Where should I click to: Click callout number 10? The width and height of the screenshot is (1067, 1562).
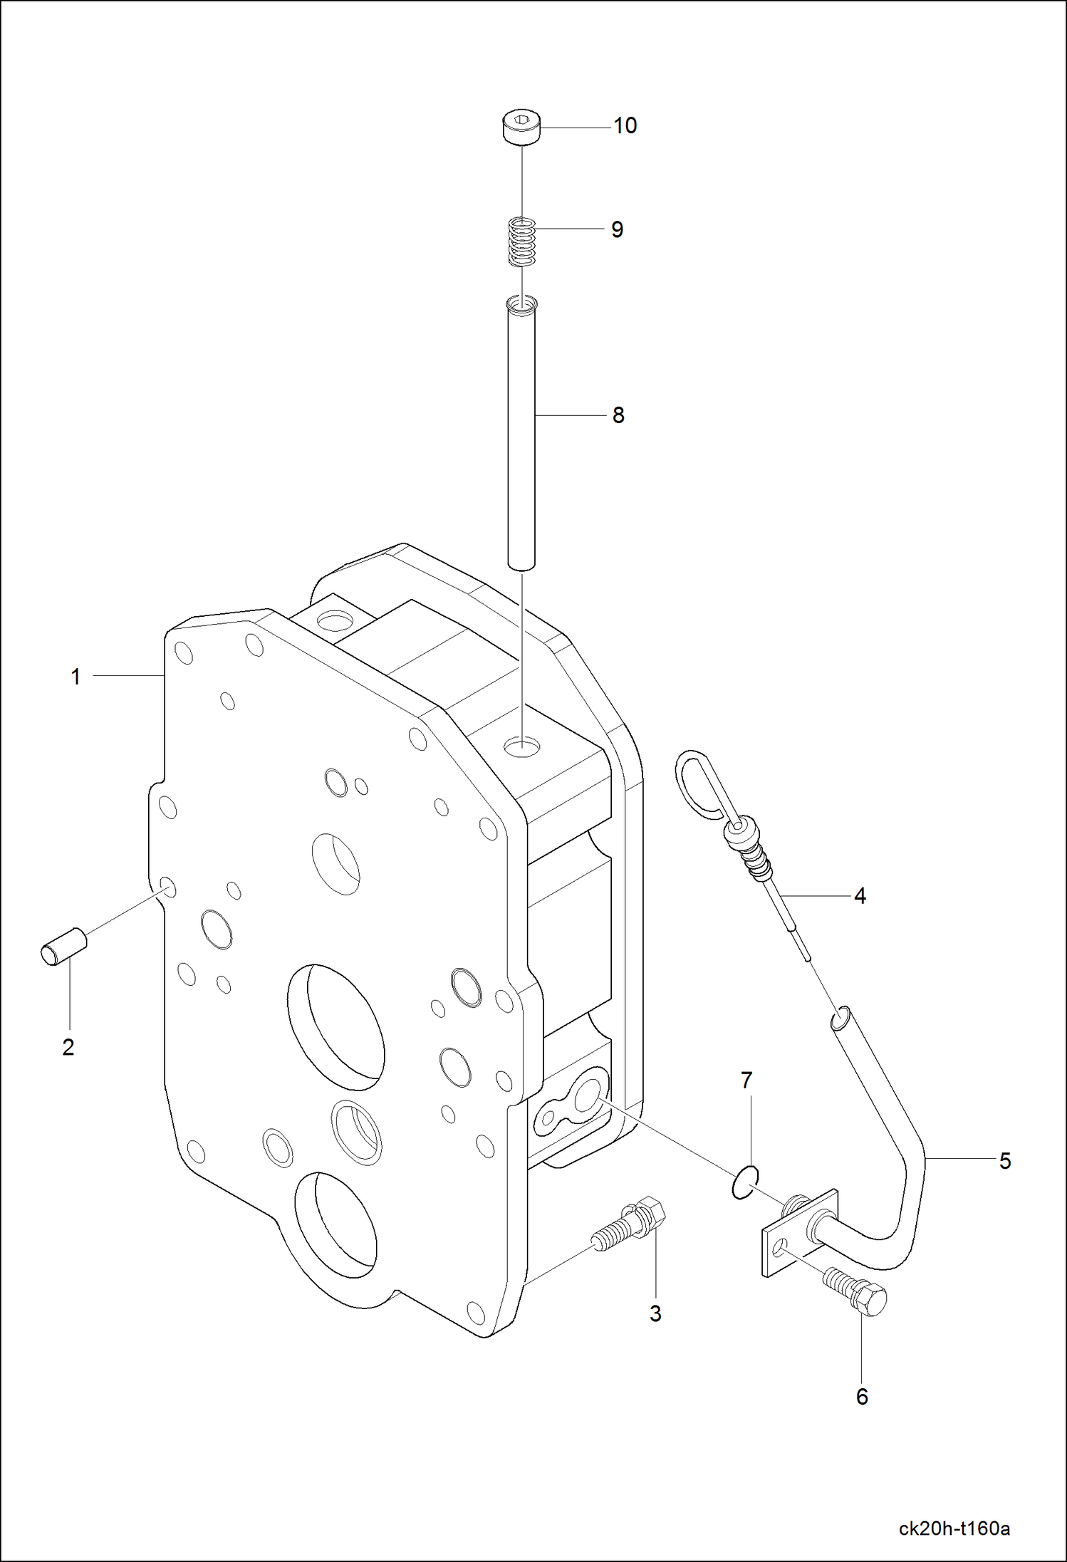pyautogui.click(x=625, y=126)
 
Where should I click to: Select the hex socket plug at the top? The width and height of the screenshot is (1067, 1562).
pyautogui.click(x=521, y=128)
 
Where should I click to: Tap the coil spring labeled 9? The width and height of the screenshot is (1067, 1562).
pyautogui.click(x=521, y=243)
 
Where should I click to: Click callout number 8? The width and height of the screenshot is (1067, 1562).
pyautogui.click(x=618, y=415)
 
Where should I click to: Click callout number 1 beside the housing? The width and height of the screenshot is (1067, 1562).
pyautogui.click(x=76, y=677)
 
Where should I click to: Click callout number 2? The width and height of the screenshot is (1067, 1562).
pyautogui.click(x=68, y=1047)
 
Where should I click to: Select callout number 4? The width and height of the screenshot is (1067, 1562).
pyautogui.click(x=860, y=896)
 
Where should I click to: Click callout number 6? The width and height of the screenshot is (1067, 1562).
pyautogui.click(x=862, y=1397)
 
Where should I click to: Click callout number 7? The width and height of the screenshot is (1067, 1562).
pyautogui.click(x=746, y=1081)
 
